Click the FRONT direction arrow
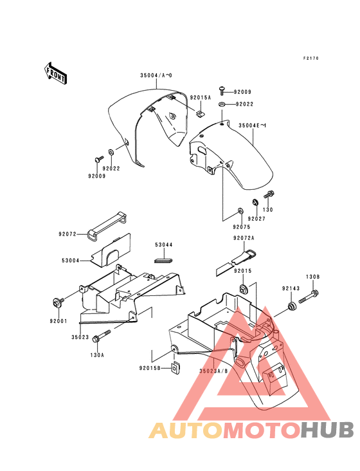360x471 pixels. [x=55, y=73]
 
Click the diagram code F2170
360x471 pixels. [x=310, y=59]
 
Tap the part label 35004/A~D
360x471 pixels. [x=156, y=75]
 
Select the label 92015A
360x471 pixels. [x=201, y=98]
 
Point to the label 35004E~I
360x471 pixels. [x=252, y=125]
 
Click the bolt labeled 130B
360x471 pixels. [x=308, y=297]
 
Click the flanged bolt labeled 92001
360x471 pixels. [x=58, y=302]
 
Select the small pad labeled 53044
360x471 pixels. [x=164, y=260]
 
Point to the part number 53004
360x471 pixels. [x=71, y=261]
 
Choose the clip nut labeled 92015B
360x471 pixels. [x=175, y=368]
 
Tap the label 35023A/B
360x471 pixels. [x=213, y=371]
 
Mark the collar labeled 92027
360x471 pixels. [x=255, y=202]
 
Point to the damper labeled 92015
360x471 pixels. [x=242, y=289]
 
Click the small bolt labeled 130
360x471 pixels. [x=269, y=195]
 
